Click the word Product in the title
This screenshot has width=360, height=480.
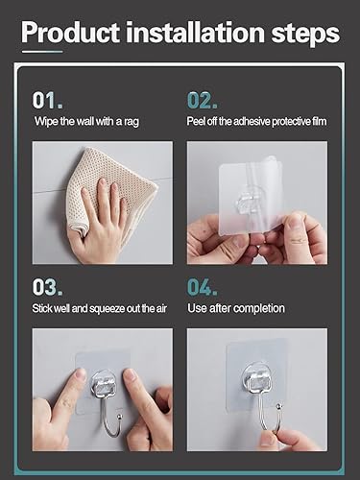[69, 34]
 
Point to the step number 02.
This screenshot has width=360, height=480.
[203, 99]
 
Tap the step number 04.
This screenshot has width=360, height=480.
[203, 287]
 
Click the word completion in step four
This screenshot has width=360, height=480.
[262, 308]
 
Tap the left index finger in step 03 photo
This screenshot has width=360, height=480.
[63, 394]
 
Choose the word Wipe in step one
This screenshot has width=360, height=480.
[43, 122]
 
